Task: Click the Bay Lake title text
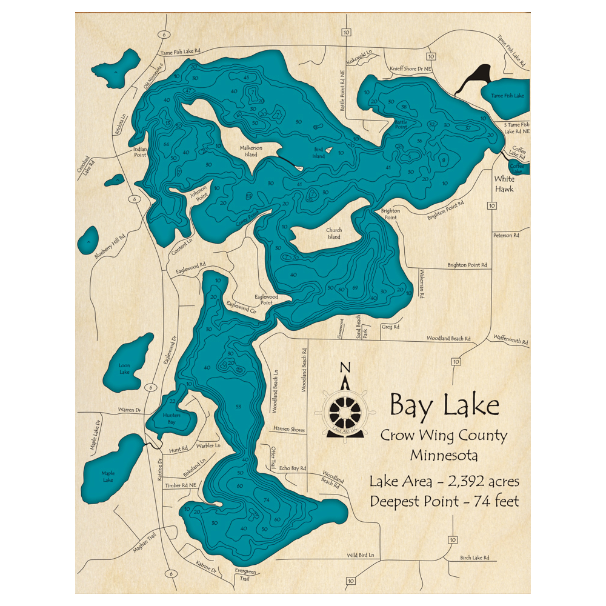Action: (444, 405)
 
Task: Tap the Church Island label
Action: (334, 233)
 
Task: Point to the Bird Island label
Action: (318, 152)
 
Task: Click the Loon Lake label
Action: (124, 368)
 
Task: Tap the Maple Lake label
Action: (108, 476)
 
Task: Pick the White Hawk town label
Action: (504, 184)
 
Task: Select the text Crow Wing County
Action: (444, 435)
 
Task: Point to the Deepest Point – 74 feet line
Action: (444, 501)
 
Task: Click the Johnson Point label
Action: (199, 195)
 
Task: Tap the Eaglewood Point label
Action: (266, 299)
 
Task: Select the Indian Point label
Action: (140, 151)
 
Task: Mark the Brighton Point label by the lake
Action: (389, 215)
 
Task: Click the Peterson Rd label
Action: (507, 235)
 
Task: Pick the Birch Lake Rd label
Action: (474, 558)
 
